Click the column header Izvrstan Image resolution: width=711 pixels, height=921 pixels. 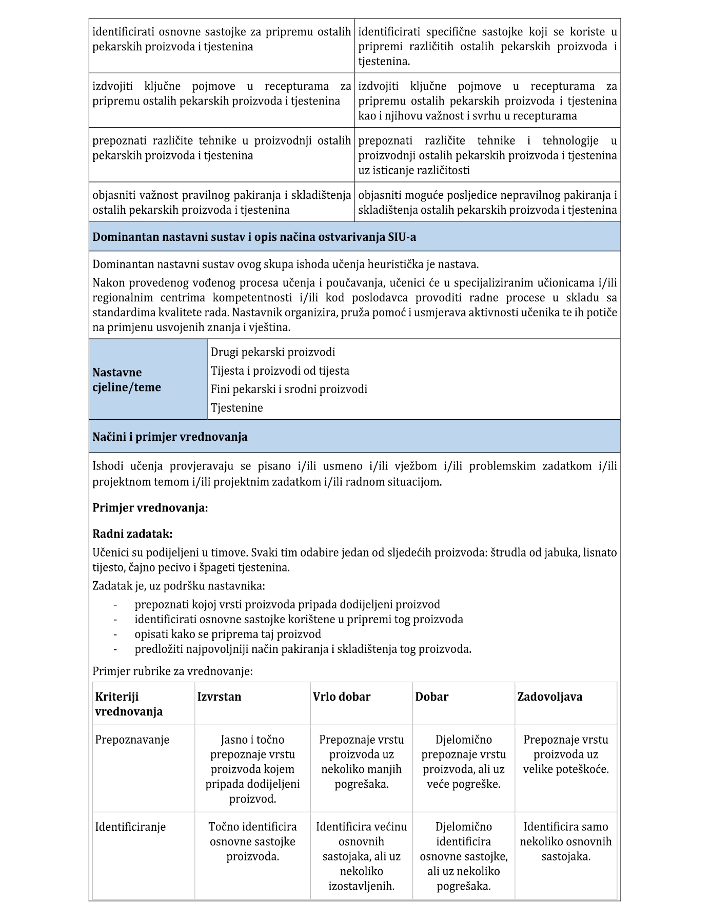219,697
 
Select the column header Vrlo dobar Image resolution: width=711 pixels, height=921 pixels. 342,697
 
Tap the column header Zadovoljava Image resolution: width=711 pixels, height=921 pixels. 549,697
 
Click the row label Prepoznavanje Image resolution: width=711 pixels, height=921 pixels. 132,740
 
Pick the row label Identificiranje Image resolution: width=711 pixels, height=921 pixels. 130,827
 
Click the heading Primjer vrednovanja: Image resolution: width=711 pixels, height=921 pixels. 150,508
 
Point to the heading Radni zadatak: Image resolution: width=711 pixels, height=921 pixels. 132,534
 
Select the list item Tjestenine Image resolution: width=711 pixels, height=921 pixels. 237,408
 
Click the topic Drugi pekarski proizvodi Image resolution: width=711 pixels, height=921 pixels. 273,352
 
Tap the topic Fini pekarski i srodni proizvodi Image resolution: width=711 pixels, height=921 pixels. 289,389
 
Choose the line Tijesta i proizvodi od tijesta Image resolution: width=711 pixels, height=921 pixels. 280,371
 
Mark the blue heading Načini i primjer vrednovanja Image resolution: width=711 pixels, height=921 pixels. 170,437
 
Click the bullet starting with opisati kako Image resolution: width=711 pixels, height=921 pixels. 228,634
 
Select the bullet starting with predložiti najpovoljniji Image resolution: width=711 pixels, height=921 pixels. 303,649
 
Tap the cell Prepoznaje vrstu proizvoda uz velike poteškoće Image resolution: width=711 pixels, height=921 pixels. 566,754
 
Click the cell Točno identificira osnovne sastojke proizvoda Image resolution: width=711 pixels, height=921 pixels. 252,842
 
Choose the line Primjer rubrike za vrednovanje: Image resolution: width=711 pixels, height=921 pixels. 172,671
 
